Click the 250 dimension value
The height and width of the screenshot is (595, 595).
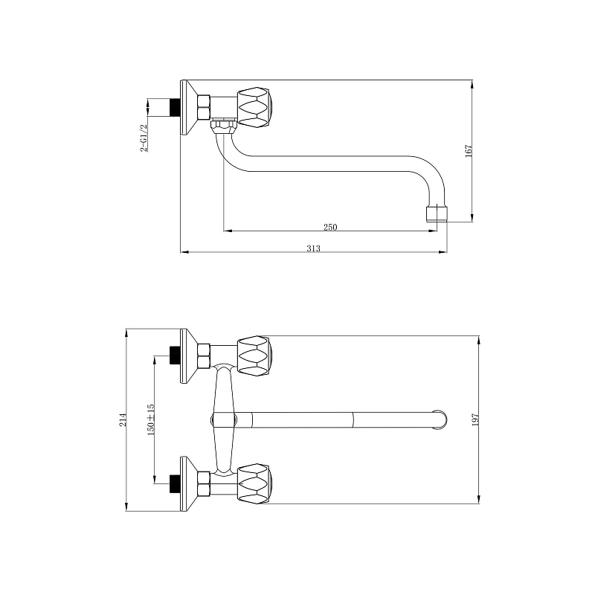pos(330,227)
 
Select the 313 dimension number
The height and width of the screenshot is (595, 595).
pos(313,248)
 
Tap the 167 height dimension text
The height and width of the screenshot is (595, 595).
pos(469,151)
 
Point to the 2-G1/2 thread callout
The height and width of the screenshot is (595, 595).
pos(144,138)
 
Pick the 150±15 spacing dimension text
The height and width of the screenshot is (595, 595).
pos(151,419)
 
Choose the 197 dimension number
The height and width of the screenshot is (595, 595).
pos(475,419)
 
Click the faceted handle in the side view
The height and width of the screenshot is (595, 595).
pos(255,107)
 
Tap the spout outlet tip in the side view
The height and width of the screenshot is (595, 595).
pos(436,214)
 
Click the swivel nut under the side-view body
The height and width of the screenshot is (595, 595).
pos(224,126)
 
